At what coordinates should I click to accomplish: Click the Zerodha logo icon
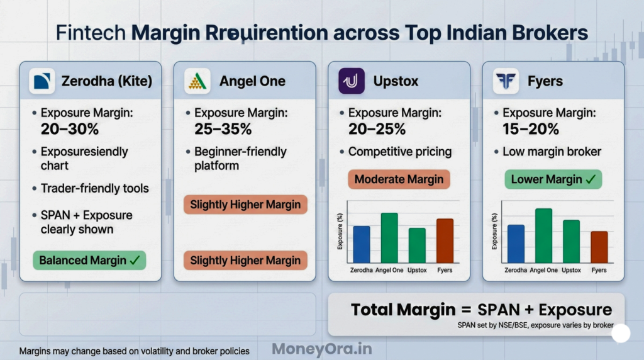point(43,81)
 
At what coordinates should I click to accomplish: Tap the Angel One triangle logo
point(197,81)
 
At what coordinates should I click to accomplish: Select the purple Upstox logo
point(351,81)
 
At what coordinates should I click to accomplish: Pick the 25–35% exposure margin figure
point(223,129)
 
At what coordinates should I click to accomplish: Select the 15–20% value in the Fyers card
point(531,129)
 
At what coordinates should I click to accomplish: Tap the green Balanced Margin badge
point(89,260)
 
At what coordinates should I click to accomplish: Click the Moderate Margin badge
point(399,179)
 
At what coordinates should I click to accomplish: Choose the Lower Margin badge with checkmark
point(553,179)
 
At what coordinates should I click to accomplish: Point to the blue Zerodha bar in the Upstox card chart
point(361,244)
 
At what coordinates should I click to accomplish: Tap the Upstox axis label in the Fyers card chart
point(571,270)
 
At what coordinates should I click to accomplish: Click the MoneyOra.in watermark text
point(321,349)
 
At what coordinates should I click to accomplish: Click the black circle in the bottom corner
point(621,334)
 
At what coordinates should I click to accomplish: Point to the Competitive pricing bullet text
point(400,152)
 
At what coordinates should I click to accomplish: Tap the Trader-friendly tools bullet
point(95,188)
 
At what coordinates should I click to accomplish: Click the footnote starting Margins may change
point(135,351)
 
